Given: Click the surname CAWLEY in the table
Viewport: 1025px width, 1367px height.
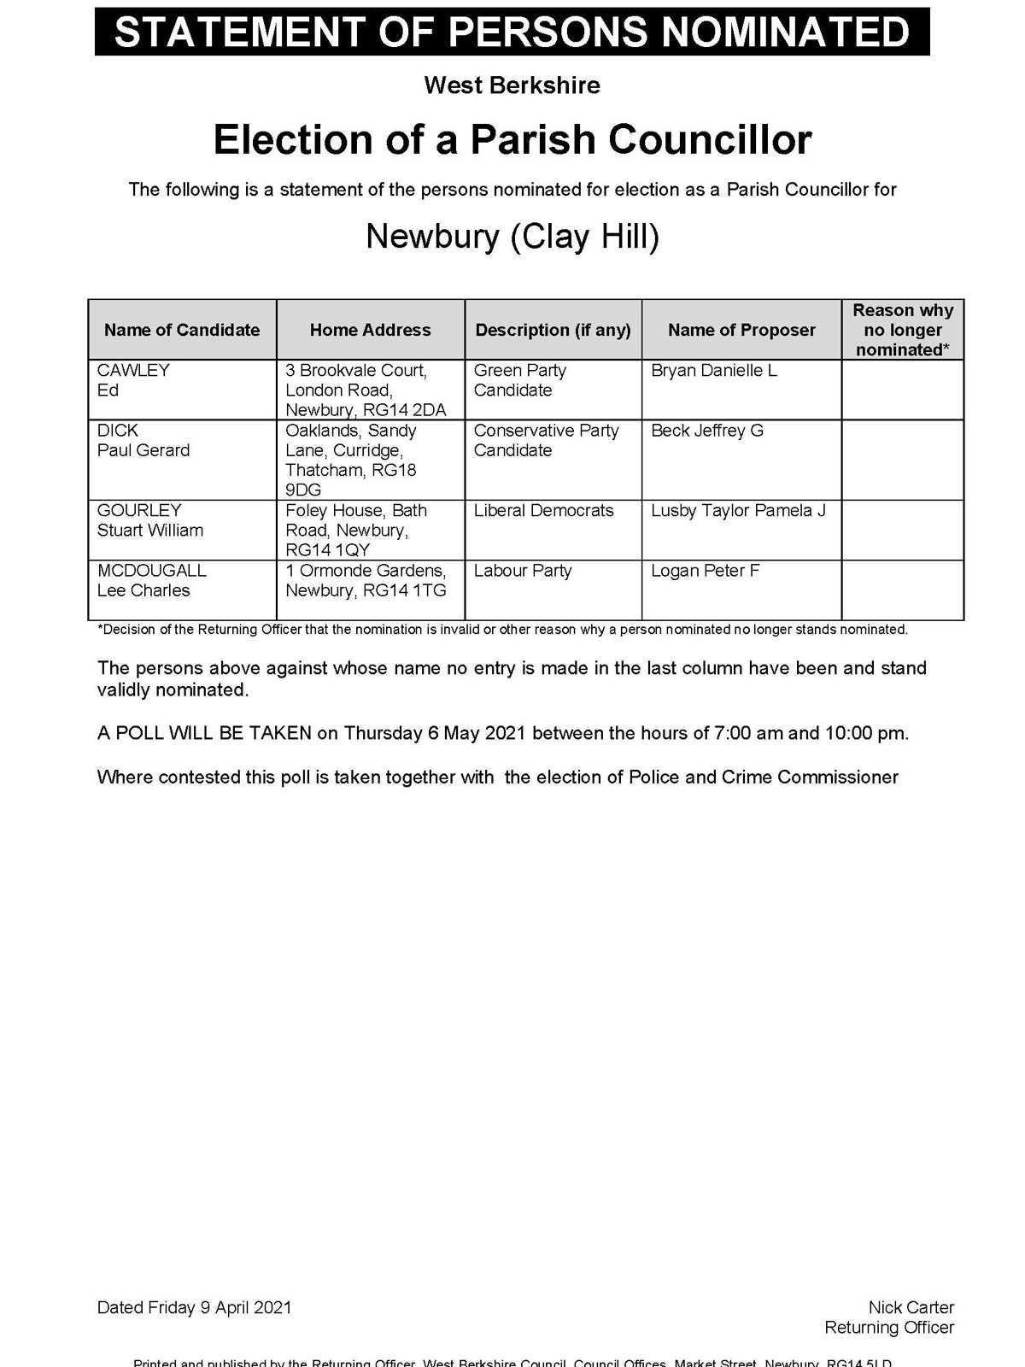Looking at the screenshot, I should pyautogui.click(x=133, y=371).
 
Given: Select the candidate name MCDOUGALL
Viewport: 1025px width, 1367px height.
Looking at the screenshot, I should pyautogui.click(x=151, y=571).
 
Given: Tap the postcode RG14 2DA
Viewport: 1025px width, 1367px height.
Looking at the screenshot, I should pyautogui.click(x=404, y=410).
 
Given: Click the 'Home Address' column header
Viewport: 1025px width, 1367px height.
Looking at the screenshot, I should pyautogui.click(x=370, y=330).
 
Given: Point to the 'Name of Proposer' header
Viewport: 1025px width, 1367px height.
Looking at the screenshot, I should pyautogui.click(x=741, y=330).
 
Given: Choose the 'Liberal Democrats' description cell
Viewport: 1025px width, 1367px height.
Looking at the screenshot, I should pyautogui.click(x=543, y=511).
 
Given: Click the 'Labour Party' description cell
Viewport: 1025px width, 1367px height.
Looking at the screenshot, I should pyautogui.click(x=523, y=571).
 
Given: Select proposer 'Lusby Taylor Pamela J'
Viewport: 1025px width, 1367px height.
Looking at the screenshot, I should pyautogui.click(x=738, y=511).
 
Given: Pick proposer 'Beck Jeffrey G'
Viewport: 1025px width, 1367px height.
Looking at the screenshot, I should pyautogui.click(x=706, y=431).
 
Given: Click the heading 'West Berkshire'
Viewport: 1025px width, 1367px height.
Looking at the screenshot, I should pyautogui.click(x=512, y=85).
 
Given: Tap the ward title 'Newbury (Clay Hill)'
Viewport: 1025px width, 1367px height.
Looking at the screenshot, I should pyautogui.click(x=512, y=237).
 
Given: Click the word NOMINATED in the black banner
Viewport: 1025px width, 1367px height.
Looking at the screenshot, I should pyautogui.click(x=785, y=32).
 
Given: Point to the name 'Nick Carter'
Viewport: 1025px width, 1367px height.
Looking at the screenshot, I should pyautogui.click(x=911, y=1307).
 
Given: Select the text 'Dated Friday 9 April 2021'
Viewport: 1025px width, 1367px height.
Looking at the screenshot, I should pyautogui.click(x=194, y=1307).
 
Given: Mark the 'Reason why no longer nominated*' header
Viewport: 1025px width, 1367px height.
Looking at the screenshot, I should pyautogui.click(x=902, y=330).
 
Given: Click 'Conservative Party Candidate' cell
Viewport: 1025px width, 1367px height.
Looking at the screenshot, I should pyautogui.click(x=546, y=440).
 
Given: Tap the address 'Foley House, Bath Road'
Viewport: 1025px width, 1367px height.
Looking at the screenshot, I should pyautogui.click(x=355, y=520).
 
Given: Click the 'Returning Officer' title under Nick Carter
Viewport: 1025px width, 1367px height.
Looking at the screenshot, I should pyautogui.click(x=888, y=1328).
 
